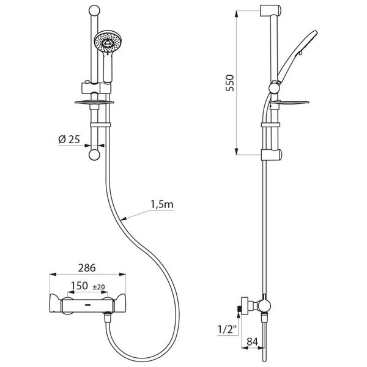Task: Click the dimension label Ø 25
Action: (x=69, y=139)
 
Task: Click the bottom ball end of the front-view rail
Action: (x=94, y=155)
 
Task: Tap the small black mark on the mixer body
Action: (x=87, y=304)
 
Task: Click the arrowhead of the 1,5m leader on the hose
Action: (x=122, y=218)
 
